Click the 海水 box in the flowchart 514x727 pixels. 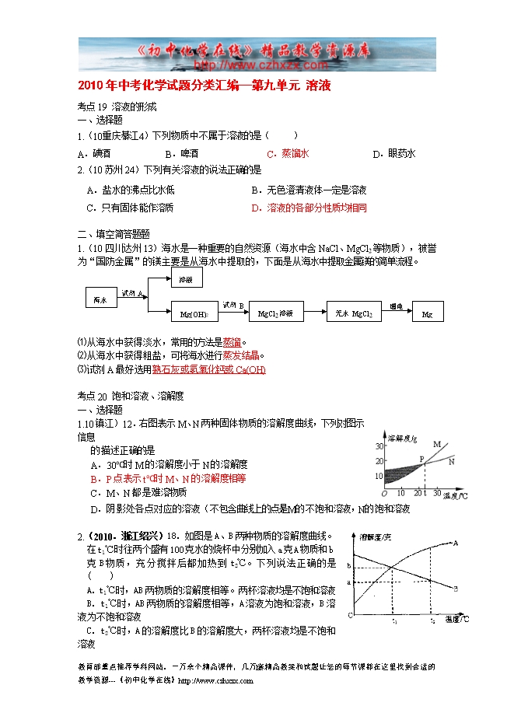point(100,299)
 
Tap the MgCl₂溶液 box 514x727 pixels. point(274,313)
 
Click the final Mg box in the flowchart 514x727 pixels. point(427,313)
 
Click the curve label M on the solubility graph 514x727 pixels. point(437,444)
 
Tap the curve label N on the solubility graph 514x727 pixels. point(452,461)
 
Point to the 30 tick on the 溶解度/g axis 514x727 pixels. point(379,446)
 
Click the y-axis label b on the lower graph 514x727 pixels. point(349,564)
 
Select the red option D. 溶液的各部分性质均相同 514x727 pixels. point(309,208)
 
